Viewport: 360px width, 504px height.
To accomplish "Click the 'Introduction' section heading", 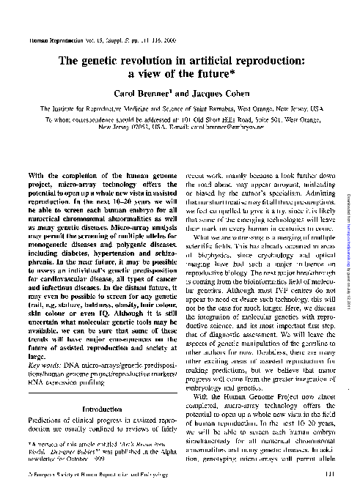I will point(101,409).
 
